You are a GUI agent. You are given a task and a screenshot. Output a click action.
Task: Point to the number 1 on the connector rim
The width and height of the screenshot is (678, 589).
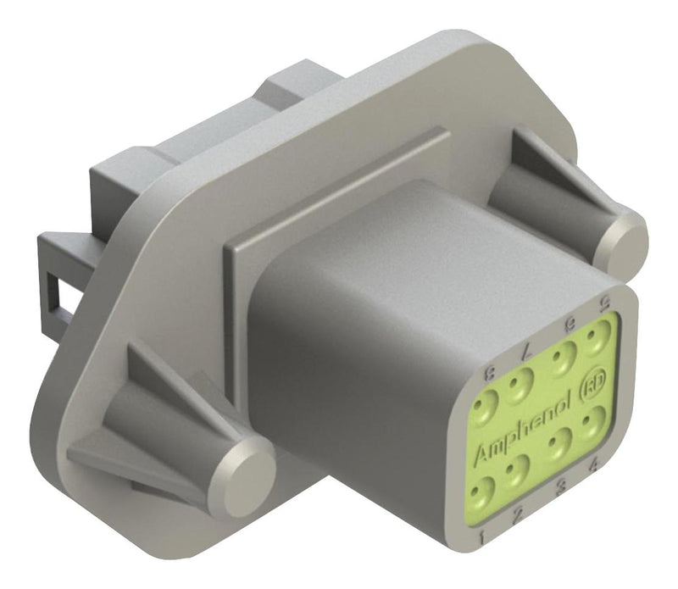click(481, 536)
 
